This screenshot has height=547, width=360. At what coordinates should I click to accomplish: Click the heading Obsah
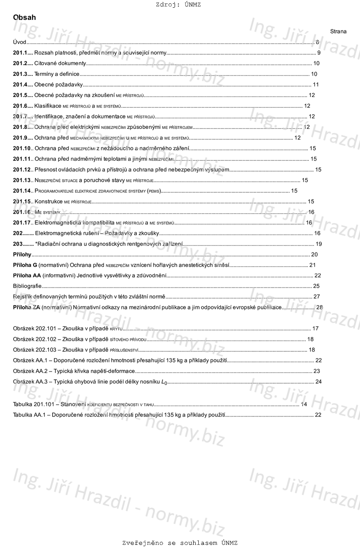[x=25, y=18]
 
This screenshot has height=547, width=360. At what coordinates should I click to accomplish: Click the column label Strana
[x=338, y=31]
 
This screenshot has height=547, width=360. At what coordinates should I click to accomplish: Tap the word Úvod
[x=19, y=42]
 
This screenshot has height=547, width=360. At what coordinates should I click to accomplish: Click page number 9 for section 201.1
[x=319, y=53]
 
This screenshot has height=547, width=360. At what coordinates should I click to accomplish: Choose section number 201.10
[x=22, y=149]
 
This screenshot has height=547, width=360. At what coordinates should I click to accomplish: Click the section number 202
[x=18, y=233]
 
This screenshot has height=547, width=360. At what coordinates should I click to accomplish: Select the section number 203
[x=18, y=244]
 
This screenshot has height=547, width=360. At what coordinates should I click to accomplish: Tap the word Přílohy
[x=22, y=254]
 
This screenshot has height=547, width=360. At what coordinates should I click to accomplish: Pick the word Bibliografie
[x=28, y=286]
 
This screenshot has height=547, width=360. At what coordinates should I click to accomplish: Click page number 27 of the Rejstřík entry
[x=316, y=297]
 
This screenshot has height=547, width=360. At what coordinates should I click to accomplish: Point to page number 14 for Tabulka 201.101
[x=304, y=404]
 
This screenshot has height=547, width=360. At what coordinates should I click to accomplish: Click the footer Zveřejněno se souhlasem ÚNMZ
[x=180, y=543]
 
